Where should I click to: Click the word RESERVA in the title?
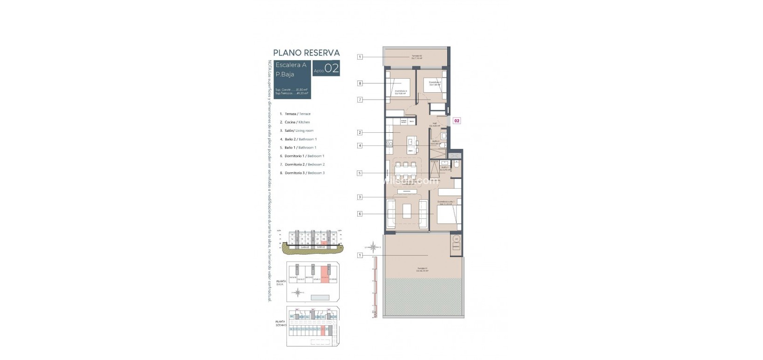click(x=321, y=53)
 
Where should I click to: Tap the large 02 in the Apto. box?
click(x=332, y=69)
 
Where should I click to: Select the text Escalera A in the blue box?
click(x=291, y=65)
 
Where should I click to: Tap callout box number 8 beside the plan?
click(x=360, y=83)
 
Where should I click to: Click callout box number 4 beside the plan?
click(x=360, y=146)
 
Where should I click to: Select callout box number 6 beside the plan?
click(x=360, y=214)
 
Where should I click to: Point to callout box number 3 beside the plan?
click(x=360, y=197)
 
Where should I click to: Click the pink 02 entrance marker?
click(x=457, y=121)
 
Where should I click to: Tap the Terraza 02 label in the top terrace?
click(x=416, y=57)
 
